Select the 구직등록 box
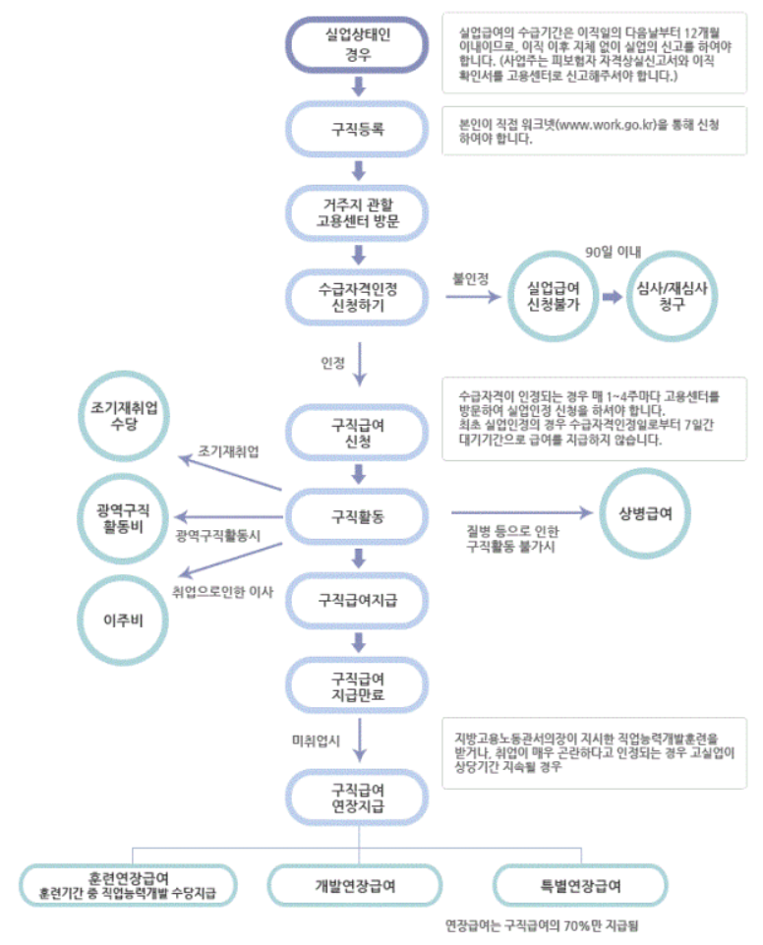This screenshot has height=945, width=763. [358, 129]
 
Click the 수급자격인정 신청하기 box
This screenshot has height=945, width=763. [358, 293]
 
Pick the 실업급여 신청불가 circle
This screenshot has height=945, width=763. [553, 294]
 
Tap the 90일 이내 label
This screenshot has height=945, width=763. [612, 253]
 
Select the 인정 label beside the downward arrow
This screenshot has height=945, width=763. [332, 362]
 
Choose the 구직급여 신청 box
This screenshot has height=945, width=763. [358, 431]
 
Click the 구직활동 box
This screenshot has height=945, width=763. [358, 514]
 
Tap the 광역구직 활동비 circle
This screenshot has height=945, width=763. [124, 512]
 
